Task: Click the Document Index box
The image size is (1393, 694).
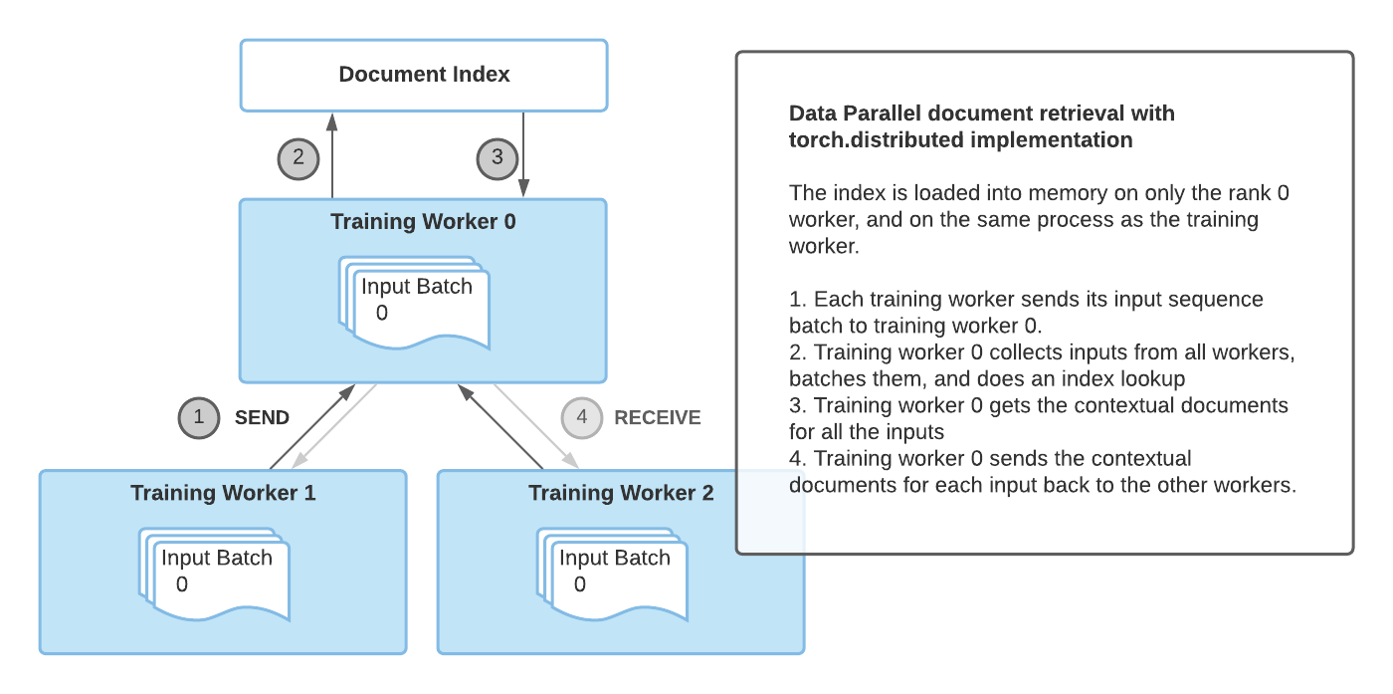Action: (x=424, y=75)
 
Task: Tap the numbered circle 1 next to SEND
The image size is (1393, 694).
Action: (x=199, y=418)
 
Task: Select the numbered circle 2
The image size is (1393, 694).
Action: (x=298, y=157)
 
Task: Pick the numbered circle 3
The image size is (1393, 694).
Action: (x=497, y=157)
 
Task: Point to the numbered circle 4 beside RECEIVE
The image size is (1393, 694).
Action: (x=582, y=418)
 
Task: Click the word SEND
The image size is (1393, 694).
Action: (x=262, y=418)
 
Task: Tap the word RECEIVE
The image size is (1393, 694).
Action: (x=658, y=418)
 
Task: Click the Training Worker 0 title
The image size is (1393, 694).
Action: (x=423, y=221)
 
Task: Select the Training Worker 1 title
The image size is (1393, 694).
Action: (x=223, y=493)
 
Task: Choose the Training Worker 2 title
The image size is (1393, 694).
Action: (x=621, y=493)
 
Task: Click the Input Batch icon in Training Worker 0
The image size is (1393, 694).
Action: (x=415, y=302)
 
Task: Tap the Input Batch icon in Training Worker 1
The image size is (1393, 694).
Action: (x=216, y=573)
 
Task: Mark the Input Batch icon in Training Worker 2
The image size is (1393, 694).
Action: (x=614, y=573)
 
